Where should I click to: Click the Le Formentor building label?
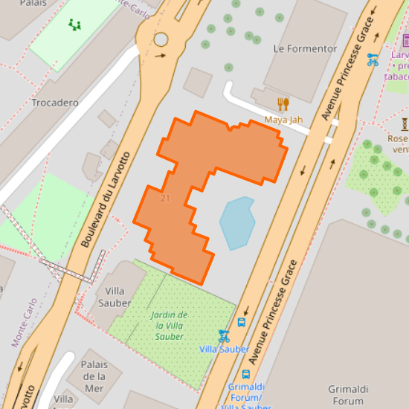305,49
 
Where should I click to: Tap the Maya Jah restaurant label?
283,120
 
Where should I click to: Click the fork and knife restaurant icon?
283,104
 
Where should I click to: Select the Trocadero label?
55,103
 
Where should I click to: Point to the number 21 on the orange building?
164,198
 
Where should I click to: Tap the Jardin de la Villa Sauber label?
170,326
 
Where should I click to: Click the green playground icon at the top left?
74,25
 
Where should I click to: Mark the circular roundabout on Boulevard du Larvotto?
161,39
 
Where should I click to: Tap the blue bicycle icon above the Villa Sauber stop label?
223,335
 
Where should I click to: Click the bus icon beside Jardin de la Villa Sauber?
242,323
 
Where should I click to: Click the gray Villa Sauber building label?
115,297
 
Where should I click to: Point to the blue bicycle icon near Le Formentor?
373,59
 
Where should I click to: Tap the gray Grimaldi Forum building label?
349,394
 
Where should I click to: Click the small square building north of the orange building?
198,82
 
